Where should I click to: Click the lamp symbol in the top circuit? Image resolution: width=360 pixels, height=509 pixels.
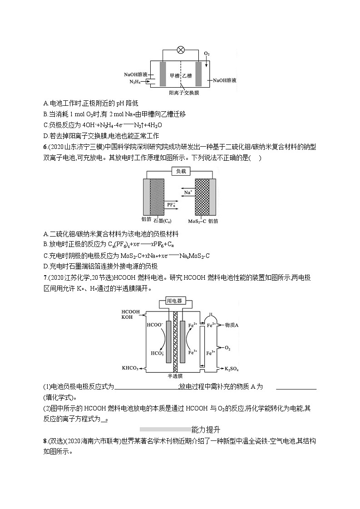point(180,49)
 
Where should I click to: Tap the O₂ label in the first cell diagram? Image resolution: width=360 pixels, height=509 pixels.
point(207,54)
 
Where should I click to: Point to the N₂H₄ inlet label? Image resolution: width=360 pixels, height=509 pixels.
point(134,82)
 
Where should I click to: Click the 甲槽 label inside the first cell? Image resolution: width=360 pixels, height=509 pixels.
point(174,76)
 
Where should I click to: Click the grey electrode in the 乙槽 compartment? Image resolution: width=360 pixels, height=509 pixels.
point(198,73)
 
